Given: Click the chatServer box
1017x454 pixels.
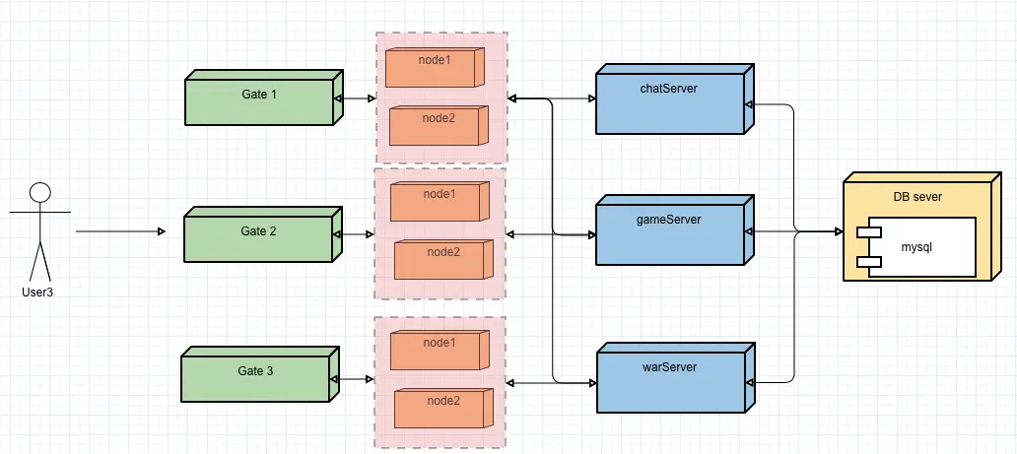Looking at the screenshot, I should pos(668,102).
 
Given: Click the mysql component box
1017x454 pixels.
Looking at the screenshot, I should pos(917,247).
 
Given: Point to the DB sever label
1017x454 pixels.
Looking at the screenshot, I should pos(917,197).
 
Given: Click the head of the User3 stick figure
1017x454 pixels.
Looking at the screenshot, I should pos(39,192).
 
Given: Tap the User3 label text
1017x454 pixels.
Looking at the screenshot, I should pos(36,292).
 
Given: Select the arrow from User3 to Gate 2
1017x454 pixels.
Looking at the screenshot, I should pos(119,232).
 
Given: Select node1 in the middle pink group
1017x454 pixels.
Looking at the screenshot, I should pos(440,201).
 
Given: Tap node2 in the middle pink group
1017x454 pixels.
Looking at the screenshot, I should pos(442,258).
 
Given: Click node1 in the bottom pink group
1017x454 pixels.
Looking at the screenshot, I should pos(440,350).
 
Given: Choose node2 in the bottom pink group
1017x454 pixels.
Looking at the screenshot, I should pos(441,408).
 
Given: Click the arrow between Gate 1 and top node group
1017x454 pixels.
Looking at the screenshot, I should pos(355,99).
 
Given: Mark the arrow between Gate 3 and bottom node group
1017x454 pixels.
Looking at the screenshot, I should pos(353,379).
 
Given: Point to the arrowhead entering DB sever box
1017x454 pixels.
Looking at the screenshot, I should pos(838,232).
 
